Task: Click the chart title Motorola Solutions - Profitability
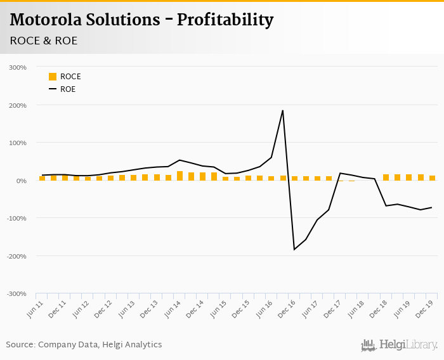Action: pyautogui.click(x=141, y=20)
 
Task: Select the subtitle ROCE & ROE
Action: pyautogui.click(x=44, y=41)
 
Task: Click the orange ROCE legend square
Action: pyautogui.click(x=53, y=77)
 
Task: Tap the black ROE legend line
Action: pyautogui.click(x=53, y=89)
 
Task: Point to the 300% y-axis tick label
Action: pyautogui.click(x=18, y=67)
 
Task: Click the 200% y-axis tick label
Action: pyautogui.click(x=18, y=105)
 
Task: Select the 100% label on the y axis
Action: pyautogui.click(x=18, y=143)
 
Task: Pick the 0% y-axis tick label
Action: pyautogui.click(x=21, y=181)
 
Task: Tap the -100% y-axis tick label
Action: pyautogui.click(x=17, y=218)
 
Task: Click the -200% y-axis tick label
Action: pyautogui.click(x=17, y=256)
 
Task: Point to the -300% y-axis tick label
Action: pyautogui.click(x=17, y=293)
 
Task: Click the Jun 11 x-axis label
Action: pyautogui.click(x=36, y=305)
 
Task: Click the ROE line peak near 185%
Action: pyautogui.click(x=282, y=111)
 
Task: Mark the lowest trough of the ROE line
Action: pyautogui.click(x=294, y=249)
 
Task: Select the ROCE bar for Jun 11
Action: pyautogui.click(x=42, y=178)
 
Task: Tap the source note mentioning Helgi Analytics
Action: pyautogui.click(x=84, y=345)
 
